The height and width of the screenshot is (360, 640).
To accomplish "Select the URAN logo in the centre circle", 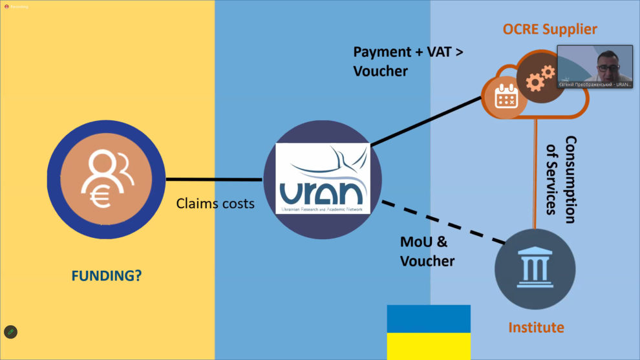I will tap(322, 179).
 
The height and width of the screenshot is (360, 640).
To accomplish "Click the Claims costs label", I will tap(215, 204).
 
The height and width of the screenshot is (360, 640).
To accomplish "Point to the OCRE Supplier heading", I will tap(549, 29).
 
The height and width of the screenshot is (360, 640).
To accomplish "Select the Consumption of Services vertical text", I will tap(560, 175).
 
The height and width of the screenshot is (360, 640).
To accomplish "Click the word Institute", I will tap(536, 328).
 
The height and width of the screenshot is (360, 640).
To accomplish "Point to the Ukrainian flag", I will tap(428, 332).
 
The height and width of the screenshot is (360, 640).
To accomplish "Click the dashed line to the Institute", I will tap(442, 222).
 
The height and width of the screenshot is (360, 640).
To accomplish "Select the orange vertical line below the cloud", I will tap(535, 175).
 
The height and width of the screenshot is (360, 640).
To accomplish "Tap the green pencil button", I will tap(10, 332).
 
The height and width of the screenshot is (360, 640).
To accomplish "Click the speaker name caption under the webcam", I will tap(595, 84).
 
